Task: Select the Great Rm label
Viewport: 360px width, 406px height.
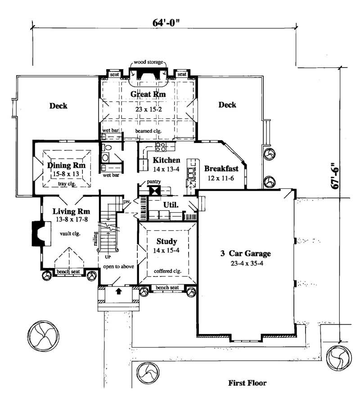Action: coord(148,94)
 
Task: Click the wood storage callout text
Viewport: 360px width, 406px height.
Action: coord(148,62)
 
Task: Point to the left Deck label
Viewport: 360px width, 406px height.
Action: coord(58,106)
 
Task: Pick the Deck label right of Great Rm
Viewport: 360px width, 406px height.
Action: coord(227,105)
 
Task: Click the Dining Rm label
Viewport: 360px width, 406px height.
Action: coord(66,165)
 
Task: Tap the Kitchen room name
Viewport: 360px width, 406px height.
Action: coord(166,160)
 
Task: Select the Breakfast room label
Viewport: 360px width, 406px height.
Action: coord(221,169)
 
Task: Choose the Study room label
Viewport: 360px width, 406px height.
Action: coord(166,241)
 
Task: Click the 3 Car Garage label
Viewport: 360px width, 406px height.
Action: coord(246,254)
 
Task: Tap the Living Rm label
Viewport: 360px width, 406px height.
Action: coord(71,211)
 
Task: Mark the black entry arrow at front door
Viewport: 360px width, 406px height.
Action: coord(119,291)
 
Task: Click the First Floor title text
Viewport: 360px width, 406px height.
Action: coord(247,383)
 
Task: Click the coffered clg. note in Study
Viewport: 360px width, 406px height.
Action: coord(166,271)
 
